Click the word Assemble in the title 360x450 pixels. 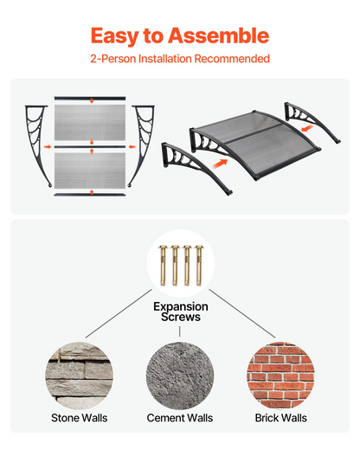click(x=218, y=35)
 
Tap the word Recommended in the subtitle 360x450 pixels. click(x=232, y=59)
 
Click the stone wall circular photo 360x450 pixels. click(x=79, y=376)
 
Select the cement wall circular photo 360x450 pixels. click(x=180, y=376)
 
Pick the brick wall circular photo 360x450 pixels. click(x=280, y=376)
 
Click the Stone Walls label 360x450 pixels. click(x=80, y=418)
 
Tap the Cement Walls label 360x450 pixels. click(x=180, y=418)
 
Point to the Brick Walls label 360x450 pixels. click(x=281, y=418)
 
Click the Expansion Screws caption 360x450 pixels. click(x=181, y=312)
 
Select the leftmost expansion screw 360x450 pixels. click(x=163, y=266)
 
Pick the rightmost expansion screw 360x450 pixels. click(x=199, y=266)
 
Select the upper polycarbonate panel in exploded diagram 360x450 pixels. click(x=90, y=123)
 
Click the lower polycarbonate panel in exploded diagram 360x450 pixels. click(x=90, y=170)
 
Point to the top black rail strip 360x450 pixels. click(x=90, y=99)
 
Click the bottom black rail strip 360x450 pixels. click(x=90, y=195)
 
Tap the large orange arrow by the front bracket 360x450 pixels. click(x=220, y=164)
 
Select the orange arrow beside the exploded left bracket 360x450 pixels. click(x=48, y=147)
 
